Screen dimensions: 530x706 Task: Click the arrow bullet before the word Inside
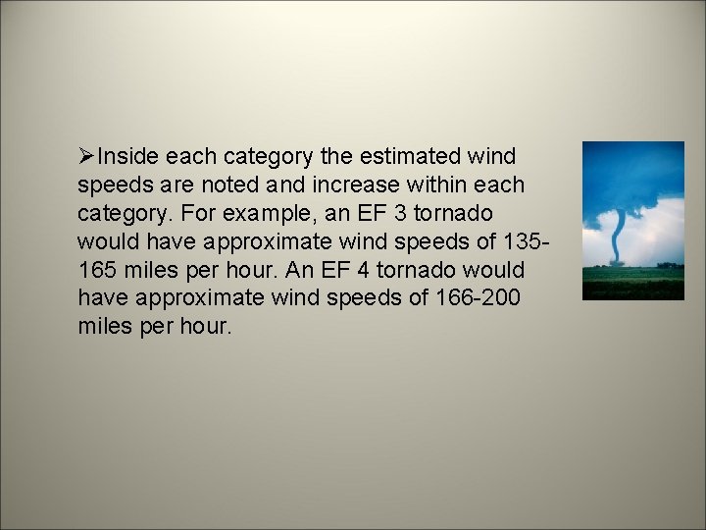[87, 155]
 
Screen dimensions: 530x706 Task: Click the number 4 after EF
[345, 270]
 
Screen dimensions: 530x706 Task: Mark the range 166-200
[482, 298]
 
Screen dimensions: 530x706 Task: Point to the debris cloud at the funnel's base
[617, 262]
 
